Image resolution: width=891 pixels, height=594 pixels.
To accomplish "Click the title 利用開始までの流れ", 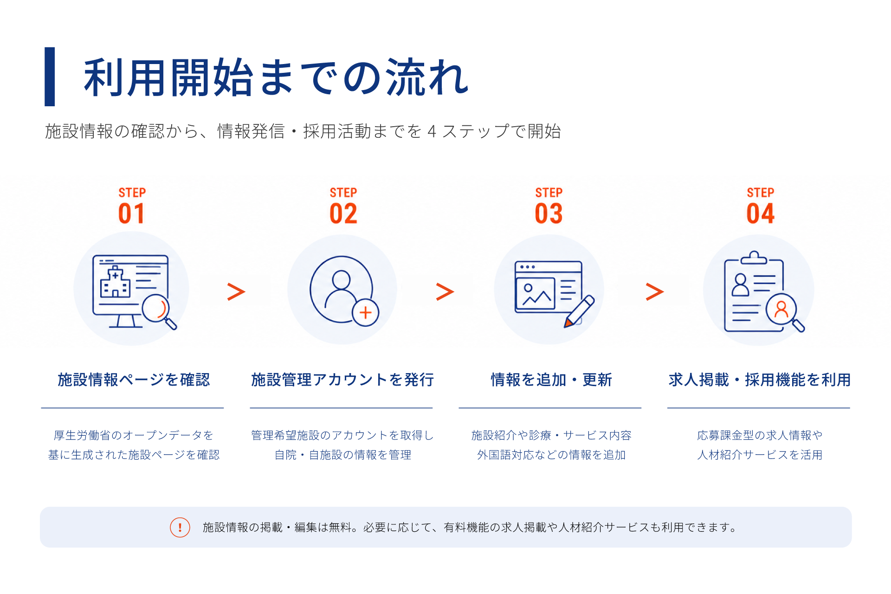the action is (x=276, y=77).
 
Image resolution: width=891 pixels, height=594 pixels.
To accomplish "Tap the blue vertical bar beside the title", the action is (x=50, y=77).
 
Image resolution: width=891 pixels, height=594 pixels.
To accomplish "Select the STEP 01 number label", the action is (x=132, y=206).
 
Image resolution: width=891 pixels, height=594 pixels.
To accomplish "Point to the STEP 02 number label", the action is (x=343, y=206).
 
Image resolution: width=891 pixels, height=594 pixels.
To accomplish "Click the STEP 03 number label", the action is (x=549, y=206).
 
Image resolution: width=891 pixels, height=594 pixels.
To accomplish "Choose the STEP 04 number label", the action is (x=761, y=206).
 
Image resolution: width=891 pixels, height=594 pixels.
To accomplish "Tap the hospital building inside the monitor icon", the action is (x=115, y=282).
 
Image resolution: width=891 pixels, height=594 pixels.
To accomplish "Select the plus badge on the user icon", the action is (x=366, y=313).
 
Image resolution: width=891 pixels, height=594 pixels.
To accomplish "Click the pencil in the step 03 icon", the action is (x=579, y=311).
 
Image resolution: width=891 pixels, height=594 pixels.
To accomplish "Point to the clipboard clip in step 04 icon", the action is (x=754, y=258).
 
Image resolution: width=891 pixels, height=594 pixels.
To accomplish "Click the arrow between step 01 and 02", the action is (x=236, y=291).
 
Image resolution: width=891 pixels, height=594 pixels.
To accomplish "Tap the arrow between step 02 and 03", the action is (x=445, y=291).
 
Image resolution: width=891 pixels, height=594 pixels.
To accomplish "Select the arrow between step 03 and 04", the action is (x=655, y=291).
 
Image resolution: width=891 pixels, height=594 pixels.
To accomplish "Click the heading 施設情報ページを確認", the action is (x=134, y=380).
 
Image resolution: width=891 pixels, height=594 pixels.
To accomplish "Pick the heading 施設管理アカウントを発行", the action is (x=342, y=380).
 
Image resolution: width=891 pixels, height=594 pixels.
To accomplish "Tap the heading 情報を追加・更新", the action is (x=551, y=380).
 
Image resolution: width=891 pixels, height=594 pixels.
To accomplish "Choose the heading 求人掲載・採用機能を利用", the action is (x=760, y=380).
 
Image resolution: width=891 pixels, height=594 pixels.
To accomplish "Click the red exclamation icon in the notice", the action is (x=180, y=527).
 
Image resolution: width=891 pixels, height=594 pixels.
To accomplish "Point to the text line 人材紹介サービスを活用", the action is (x=760, y=455).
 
